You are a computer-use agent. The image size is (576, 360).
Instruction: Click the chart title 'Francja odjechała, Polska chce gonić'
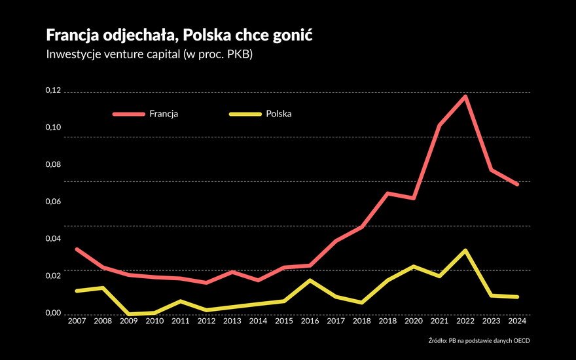click(x=179, y=35)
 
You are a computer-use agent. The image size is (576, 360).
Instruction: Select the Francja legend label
click(x=164, y=113)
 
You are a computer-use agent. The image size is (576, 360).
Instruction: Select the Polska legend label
click(x=279, y=113)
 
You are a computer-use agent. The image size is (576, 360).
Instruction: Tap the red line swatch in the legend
click(x=128, y=114)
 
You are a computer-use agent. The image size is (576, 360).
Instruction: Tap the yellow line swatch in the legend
click(x=244, y=114)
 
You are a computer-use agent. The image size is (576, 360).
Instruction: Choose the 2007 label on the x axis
click(x=77, y=321)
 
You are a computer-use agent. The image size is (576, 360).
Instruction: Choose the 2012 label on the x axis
click(x=206, y=321)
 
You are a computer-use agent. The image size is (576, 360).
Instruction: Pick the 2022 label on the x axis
click(x=465, y=321)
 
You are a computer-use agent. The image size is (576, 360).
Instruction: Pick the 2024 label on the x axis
click(x=516, y=321)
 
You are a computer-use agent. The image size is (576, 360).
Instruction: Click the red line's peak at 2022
click(x=465, y=97)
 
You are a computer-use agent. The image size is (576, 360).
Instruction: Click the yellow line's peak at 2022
click(x=465, y=251)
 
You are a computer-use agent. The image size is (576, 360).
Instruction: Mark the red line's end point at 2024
click(x=516, y=185)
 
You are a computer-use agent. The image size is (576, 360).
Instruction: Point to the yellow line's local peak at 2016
click(x=310, y=280)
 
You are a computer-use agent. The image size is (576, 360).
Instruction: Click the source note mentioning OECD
click(x=488, y=340)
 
